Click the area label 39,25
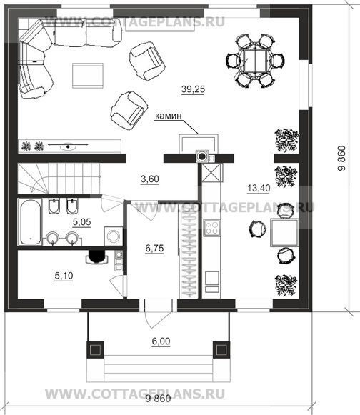coord(194,89)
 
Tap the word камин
coord(168,116)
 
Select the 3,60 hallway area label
coord(150,179)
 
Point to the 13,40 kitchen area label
coord(259,188)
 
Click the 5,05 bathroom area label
coord(82,222)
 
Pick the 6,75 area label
coord(154,249)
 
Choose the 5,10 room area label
coord(64,276)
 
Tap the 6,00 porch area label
coord(161,341)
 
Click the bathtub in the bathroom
coord(30,222)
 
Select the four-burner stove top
coord(211,228)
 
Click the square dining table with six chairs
coord(255,61)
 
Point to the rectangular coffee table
coord(88,76)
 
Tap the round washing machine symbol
coord(114,236)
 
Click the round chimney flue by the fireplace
coord(202,156)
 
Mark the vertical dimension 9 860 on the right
coord(341,159)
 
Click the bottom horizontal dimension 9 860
coord(159,399)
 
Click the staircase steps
coord(59,178)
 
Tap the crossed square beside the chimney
coord(211,172)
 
